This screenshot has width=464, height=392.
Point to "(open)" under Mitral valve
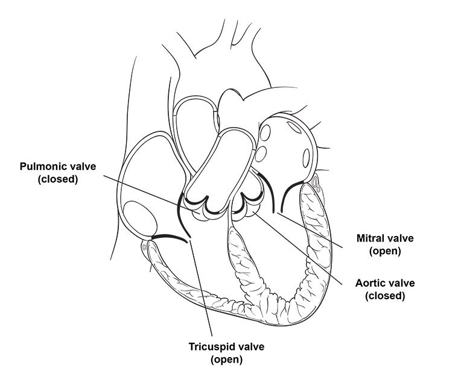click(384, 251)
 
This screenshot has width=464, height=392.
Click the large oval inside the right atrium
click(140, 217)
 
